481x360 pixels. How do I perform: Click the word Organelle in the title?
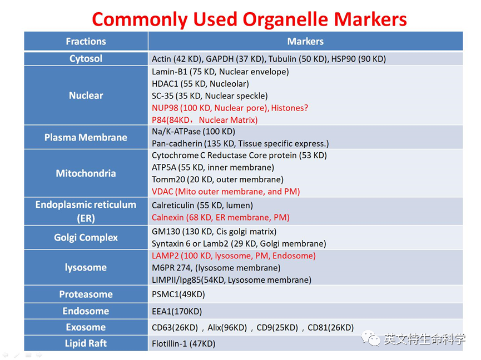[286, 20]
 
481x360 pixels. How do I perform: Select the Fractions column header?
[86, 41]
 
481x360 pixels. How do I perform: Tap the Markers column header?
[305, 41]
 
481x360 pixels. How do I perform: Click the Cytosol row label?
[86, 58]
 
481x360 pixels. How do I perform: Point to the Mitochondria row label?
[86, 173]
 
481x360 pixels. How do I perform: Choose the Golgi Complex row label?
[86, 237]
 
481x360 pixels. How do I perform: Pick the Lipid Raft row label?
[86, 343]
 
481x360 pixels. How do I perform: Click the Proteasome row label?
[86, 294]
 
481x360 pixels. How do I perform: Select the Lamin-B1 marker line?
[220, 72]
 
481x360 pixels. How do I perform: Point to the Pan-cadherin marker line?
[240, 143]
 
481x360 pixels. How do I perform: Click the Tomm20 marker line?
[217, 179]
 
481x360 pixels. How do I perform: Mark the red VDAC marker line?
[226, 192]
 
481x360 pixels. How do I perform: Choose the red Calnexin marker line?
[221, 217]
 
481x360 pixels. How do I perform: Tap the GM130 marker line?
[214, 231]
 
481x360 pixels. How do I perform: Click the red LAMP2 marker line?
[234, 256]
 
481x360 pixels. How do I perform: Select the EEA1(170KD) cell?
[177, 312]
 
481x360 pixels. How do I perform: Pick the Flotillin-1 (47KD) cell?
[184, 344]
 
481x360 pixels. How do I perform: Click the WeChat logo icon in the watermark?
[371, 338]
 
